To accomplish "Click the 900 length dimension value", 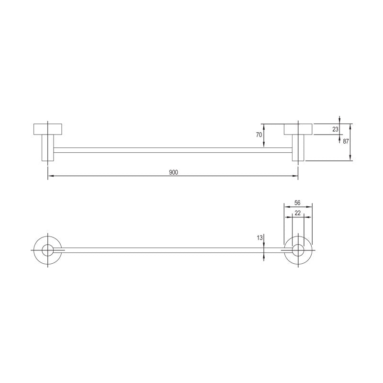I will tap(173, 172).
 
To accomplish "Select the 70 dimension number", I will tap(259, 135).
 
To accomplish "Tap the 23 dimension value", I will tap(335, 129).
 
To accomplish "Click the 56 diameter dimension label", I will tap(297, 203).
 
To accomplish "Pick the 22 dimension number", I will tap(297, 213).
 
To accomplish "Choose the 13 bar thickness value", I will tap(259, 237).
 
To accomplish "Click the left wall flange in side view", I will tap(47, 129).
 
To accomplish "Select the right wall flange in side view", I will tap(298, 129).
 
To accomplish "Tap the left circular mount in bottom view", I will tap(47, 250).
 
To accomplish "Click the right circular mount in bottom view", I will tap(298, 250).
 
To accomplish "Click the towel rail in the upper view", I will tap(172, 150).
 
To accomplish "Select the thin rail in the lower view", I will tap(172, 250).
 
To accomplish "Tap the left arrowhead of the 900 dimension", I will tap(50, 177).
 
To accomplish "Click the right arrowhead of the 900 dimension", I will tap(295, 177).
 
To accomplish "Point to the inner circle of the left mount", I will tap(47, 250).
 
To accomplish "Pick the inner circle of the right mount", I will tap(298, 250).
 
